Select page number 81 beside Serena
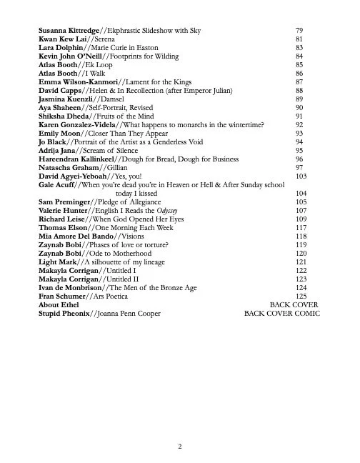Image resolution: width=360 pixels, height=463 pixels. click(299, 39)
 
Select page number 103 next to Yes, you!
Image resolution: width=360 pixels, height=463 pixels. click(301, 176)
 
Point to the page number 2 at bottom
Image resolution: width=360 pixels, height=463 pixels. click(180, 447)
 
